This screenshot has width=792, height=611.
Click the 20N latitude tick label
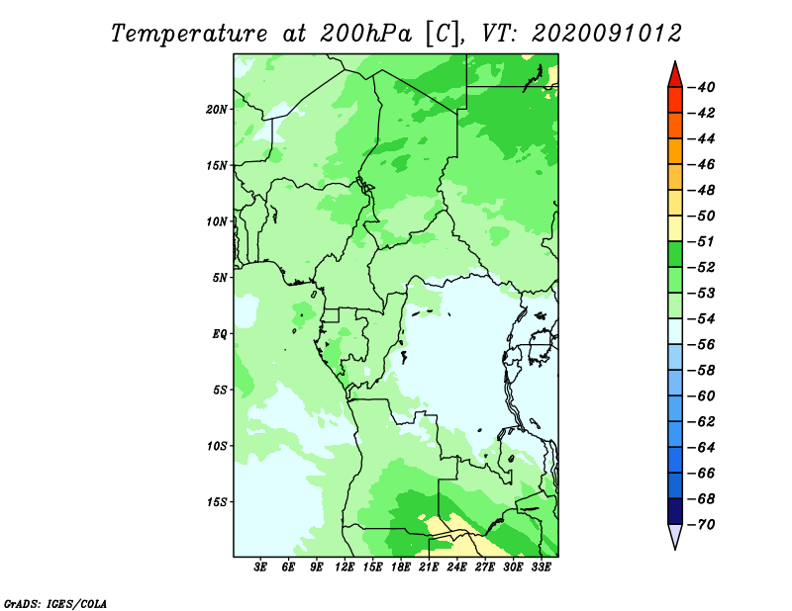point(217,110)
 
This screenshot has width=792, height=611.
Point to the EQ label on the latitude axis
point(220,334)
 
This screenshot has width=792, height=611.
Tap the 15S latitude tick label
point(217,502)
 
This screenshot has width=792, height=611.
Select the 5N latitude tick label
point(220,278)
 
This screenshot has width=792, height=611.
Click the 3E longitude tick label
point(260,567)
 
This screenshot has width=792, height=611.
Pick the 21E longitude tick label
point(429,567)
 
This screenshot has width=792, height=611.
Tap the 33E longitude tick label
point(541,567)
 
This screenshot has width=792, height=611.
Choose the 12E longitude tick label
point(344,567)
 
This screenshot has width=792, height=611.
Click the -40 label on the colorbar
point(702,87)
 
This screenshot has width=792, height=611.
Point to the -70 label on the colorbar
point(702,525)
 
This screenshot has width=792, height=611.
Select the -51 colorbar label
point(702,241)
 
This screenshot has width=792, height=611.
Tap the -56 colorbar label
point(702,345)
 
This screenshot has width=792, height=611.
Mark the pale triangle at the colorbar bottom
point(675,535)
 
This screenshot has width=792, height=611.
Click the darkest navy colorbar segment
point(675,511)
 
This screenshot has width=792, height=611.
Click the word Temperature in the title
point(189,35)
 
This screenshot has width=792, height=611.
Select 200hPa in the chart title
point(365,34)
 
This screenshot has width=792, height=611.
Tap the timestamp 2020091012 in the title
point(606,34)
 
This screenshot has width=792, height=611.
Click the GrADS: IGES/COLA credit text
point(55,603)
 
